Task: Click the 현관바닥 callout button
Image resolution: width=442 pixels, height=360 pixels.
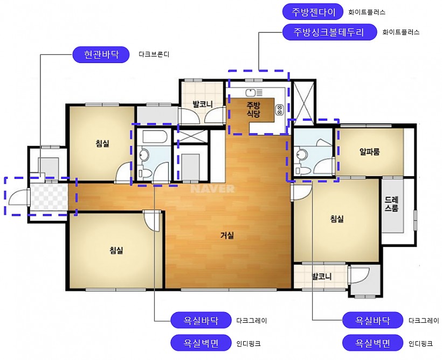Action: point(101,54)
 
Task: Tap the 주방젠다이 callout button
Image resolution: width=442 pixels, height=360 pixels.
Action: point(313,12)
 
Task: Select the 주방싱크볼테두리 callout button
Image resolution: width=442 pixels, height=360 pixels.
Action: point(329,32)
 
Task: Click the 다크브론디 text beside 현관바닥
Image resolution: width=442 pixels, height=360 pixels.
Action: point(154,54)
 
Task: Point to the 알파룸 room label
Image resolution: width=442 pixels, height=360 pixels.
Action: point(369,151)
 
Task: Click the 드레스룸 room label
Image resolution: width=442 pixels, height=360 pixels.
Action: point(391,204)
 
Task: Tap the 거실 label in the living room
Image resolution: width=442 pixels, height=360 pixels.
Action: point(227,235)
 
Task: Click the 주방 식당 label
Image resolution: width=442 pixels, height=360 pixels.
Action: point(253,109)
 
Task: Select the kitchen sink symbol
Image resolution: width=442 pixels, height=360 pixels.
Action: point(254,93)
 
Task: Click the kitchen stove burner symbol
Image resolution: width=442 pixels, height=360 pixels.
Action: point(280,109)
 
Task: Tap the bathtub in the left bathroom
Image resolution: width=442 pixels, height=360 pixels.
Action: point(155,136)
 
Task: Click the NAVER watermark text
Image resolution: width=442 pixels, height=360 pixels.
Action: point(212,189)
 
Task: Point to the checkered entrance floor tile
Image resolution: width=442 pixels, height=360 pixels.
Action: point(49,197)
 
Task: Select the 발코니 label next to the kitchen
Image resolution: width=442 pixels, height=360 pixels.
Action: point(202,105)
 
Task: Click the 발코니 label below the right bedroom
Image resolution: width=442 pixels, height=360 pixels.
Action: point(322,276)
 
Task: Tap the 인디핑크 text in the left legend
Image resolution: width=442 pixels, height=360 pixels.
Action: point(248,343)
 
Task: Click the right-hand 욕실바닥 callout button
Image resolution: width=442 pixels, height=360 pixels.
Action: point(372,320)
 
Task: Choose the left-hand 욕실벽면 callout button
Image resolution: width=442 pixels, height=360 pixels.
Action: point(201,343)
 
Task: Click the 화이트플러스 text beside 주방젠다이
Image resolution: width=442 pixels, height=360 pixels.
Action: point(367,12)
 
